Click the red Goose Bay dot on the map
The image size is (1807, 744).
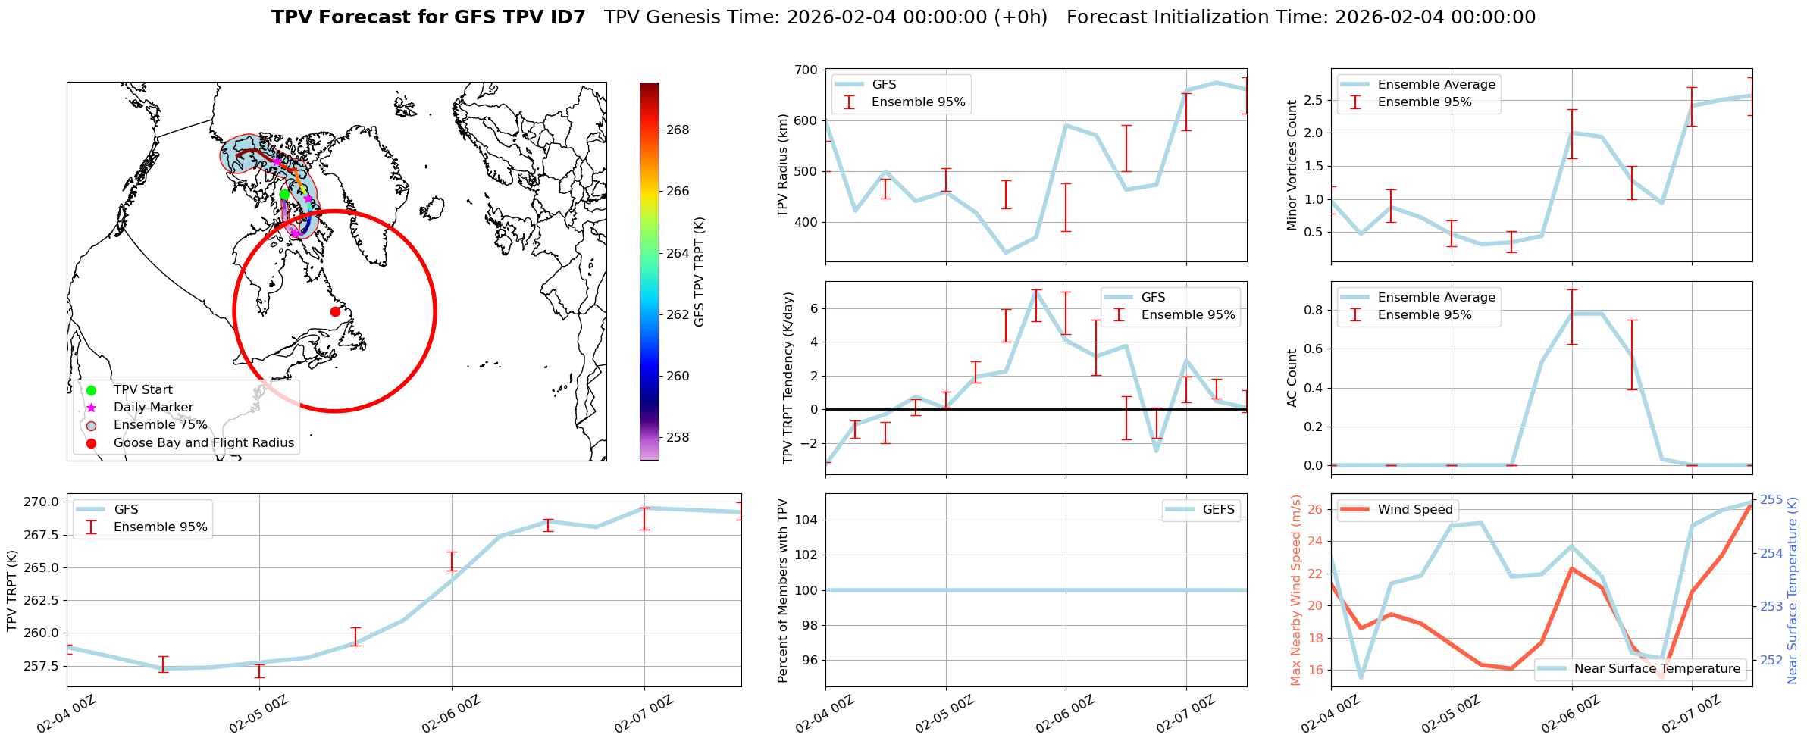[x=335, y=311]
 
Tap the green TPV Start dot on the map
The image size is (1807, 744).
[x=284, y=194]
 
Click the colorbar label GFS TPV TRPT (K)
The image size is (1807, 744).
[x=699, y=271]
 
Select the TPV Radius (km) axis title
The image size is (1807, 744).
[x=783, y=165]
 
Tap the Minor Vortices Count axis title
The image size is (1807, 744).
[x=1292, y=165]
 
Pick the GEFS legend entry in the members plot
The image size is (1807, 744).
[x=1218, y=510]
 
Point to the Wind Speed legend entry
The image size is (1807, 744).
[x=1414, y=510]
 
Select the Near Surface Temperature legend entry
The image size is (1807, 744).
[x=1657, y=669]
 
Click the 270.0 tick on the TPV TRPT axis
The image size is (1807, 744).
[x=41, y=502]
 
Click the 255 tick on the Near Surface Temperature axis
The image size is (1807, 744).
[x=1771, y=500]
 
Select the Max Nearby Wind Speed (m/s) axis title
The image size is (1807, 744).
[x=1295, y=590]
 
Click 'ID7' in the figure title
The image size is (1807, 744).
[x=566, y=17]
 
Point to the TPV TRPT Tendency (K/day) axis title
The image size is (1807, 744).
[x=788, y=377]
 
